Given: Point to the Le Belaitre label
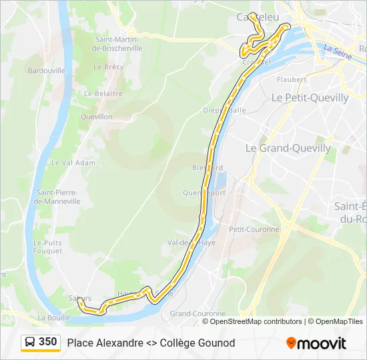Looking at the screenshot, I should [x=103, y=93].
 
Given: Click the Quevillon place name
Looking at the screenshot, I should [x=96, y=117].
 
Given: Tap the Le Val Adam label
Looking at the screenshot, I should [x=73, y=163].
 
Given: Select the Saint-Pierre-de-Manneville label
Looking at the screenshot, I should [x=58, y=197].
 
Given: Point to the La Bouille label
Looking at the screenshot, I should [x=54, y=317].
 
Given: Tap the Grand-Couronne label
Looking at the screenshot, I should [x=198, y=313].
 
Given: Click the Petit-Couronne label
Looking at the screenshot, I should [x=253, y=229].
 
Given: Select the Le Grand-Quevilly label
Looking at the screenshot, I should [x=288, y=148].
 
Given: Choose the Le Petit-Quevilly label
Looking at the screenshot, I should [x=310, y=97].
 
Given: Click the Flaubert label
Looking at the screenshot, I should [x=291, y=79].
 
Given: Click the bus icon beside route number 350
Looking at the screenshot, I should [x=29, y=343].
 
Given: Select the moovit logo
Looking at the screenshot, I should [x=316, y=343].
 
